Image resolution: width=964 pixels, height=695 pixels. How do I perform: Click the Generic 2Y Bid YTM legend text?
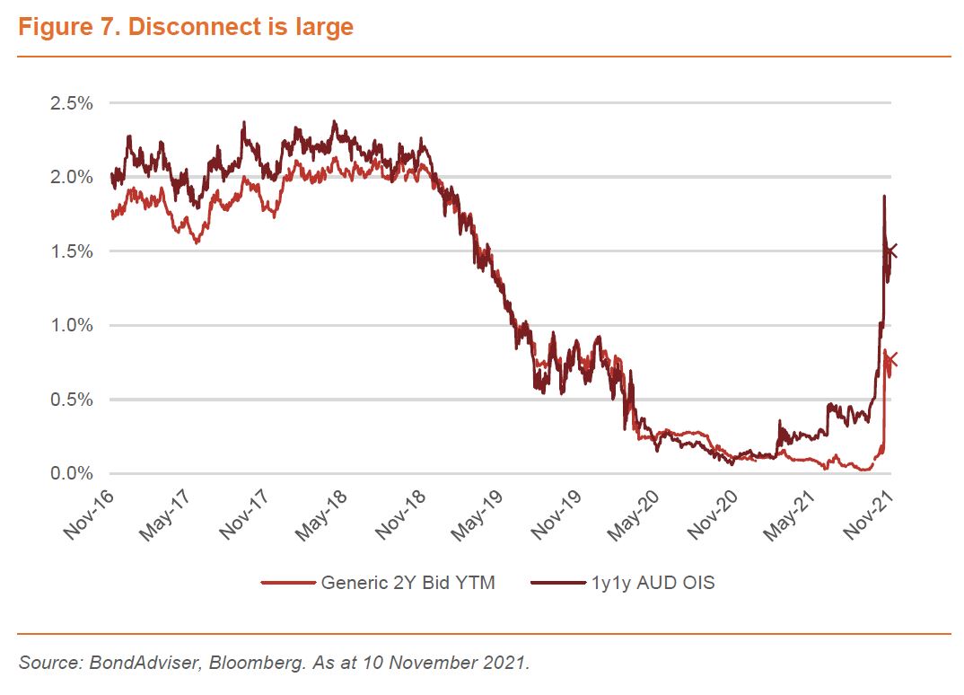click(x=408, y=583)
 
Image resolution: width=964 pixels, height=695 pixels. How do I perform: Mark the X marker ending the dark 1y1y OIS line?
click(x=890, y=251)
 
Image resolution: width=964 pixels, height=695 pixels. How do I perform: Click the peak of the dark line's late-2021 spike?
click(x=884, y=196)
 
